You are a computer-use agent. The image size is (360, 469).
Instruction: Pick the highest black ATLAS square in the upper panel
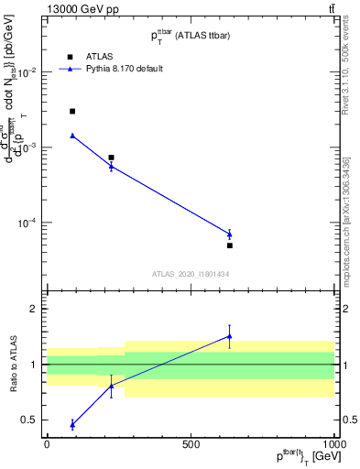click(x=72, y=111)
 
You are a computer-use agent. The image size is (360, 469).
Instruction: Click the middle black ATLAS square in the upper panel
click(x=111, y=158)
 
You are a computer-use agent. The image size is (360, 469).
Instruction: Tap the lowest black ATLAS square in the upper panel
click(x=230, y=245)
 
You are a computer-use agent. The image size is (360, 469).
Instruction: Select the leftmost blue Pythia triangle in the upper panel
click(x=72, y=136)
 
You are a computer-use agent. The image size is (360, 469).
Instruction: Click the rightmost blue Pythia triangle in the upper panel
click(x=230, y=234)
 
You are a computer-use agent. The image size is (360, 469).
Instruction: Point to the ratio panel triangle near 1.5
click(x=230, y=336)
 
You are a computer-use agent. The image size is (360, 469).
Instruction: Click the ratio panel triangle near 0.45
click(x=72, y=424)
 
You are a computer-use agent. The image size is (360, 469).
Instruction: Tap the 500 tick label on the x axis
click(x=191, y=443)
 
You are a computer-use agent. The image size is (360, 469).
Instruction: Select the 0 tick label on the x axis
click(x=47, y=443)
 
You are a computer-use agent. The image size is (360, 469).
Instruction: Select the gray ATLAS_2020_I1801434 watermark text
click(x=191, y=274)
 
